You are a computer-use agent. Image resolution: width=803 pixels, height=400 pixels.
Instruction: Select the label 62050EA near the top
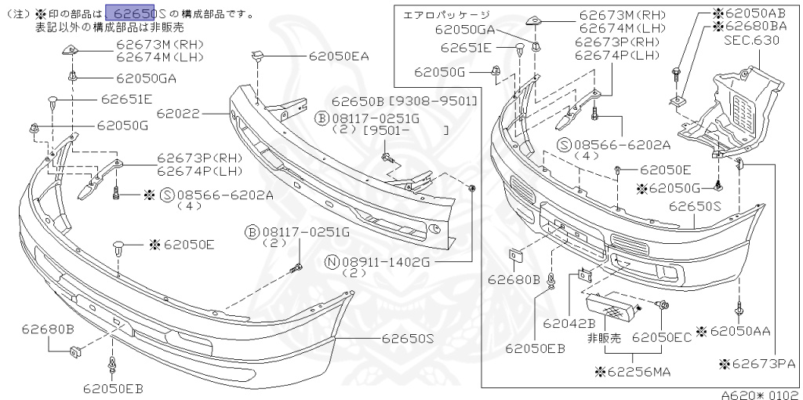pyautogui.click(x=338, y=56)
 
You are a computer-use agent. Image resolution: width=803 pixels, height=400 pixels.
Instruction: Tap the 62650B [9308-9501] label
pyautogui.click(x=403, y=101)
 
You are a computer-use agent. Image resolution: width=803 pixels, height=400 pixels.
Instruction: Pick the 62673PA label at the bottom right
pyautogui.click(x=757, y=364)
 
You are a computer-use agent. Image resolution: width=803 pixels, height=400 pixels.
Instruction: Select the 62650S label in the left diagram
pyautogui.click(x=408, y=339)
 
